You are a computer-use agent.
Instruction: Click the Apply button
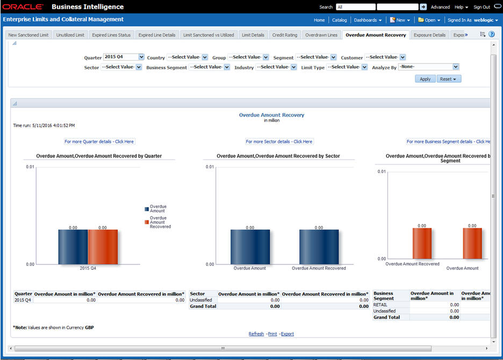point(425,79)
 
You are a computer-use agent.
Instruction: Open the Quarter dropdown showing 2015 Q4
point(124,57)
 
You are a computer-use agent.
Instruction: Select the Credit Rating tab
point(284,35)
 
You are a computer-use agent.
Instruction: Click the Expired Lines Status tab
point(111,35)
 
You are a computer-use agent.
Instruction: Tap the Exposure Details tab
point(429,35)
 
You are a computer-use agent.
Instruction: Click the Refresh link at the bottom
point(256,334)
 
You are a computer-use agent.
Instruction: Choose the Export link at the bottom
point(288,334)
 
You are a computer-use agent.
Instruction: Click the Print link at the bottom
point(272,334)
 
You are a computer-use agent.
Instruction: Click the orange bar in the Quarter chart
point(103,247)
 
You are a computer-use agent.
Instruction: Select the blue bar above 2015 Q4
point(73,247)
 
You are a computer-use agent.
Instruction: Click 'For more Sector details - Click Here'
point(279,142)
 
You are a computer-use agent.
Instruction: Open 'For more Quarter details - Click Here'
point(99,142)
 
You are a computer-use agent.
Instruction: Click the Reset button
point(449,79)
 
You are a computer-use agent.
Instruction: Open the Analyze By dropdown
point(429,67)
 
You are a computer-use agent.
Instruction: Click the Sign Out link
point(482,7)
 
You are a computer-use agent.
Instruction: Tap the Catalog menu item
point(339,20)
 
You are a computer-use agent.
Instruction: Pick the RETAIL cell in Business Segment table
point(380,305)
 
